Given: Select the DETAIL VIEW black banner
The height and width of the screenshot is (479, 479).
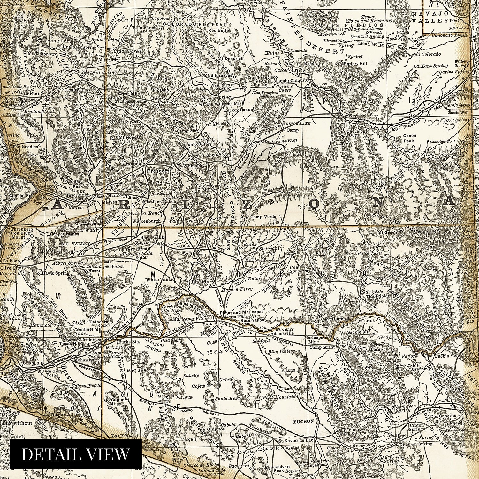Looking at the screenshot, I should [x=76, y=454].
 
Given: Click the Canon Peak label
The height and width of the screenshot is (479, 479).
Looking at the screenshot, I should [x=406, y=138].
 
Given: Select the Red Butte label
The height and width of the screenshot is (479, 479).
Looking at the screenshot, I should [x=217, y=31].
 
